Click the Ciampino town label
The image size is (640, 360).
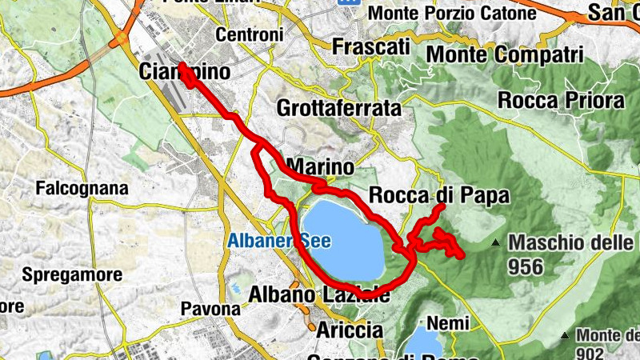tap(184, 72)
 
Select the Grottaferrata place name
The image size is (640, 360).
tap(338, 107)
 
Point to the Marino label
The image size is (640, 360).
tap(318, 167)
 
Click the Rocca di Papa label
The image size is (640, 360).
tap(438, 196)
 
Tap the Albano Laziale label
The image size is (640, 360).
tap(319, 294)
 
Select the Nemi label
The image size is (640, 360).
tap(442, 322)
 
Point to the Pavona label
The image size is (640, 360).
tap(210, 308)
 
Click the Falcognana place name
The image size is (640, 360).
tap(82, 189)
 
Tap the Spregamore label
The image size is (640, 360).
tap(72, 274)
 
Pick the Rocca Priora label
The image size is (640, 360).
tap(560, 101)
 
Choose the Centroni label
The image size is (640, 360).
tap(250, 35)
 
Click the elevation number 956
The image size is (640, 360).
tap(524, 266)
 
